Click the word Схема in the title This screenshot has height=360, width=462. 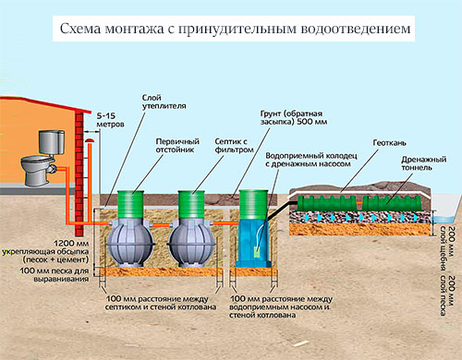coord(80,29)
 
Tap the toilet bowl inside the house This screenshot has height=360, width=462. coord(38,170)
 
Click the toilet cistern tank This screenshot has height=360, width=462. coord(52,142)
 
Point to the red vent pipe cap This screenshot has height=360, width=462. coord(90,140)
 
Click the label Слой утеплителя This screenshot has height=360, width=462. coord(164,102)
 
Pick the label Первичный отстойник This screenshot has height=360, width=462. coord(177,146)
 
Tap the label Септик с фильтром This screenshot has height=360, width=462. coord(234,146)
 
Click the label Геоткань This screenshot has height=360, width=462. coord(389,143)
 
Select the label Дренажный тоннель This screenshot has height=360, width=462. coord(424,163)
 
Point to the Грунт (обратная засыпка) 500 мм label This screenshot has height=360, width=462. coord(294,117)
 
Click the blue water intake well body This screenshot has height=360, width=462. coord(252,243)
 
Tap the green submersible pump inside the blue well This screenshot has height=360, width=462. coord(257,252)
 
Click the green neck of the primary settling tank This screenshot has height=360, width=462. coord(130,205)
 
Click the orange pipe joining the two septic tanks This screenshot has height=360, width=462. coord(161,225)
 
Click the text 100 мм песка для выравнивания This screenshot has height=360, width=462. coord(55,275)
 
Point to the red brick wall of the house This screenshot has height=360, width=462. coord(79,174)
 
